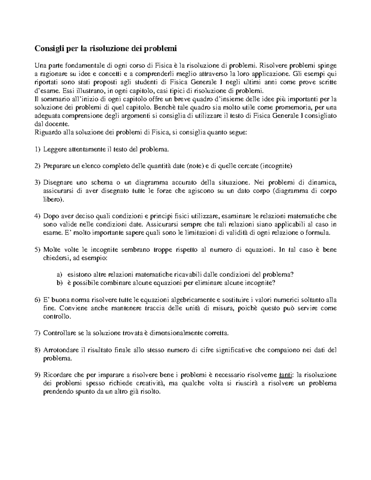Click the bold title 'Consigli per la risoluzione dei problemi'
click(105, 49)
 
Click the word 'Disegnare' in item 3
click(57, 183)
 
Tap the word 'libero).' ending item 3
click(53, 200)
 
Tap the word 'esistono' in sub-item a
click(77, 274)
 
